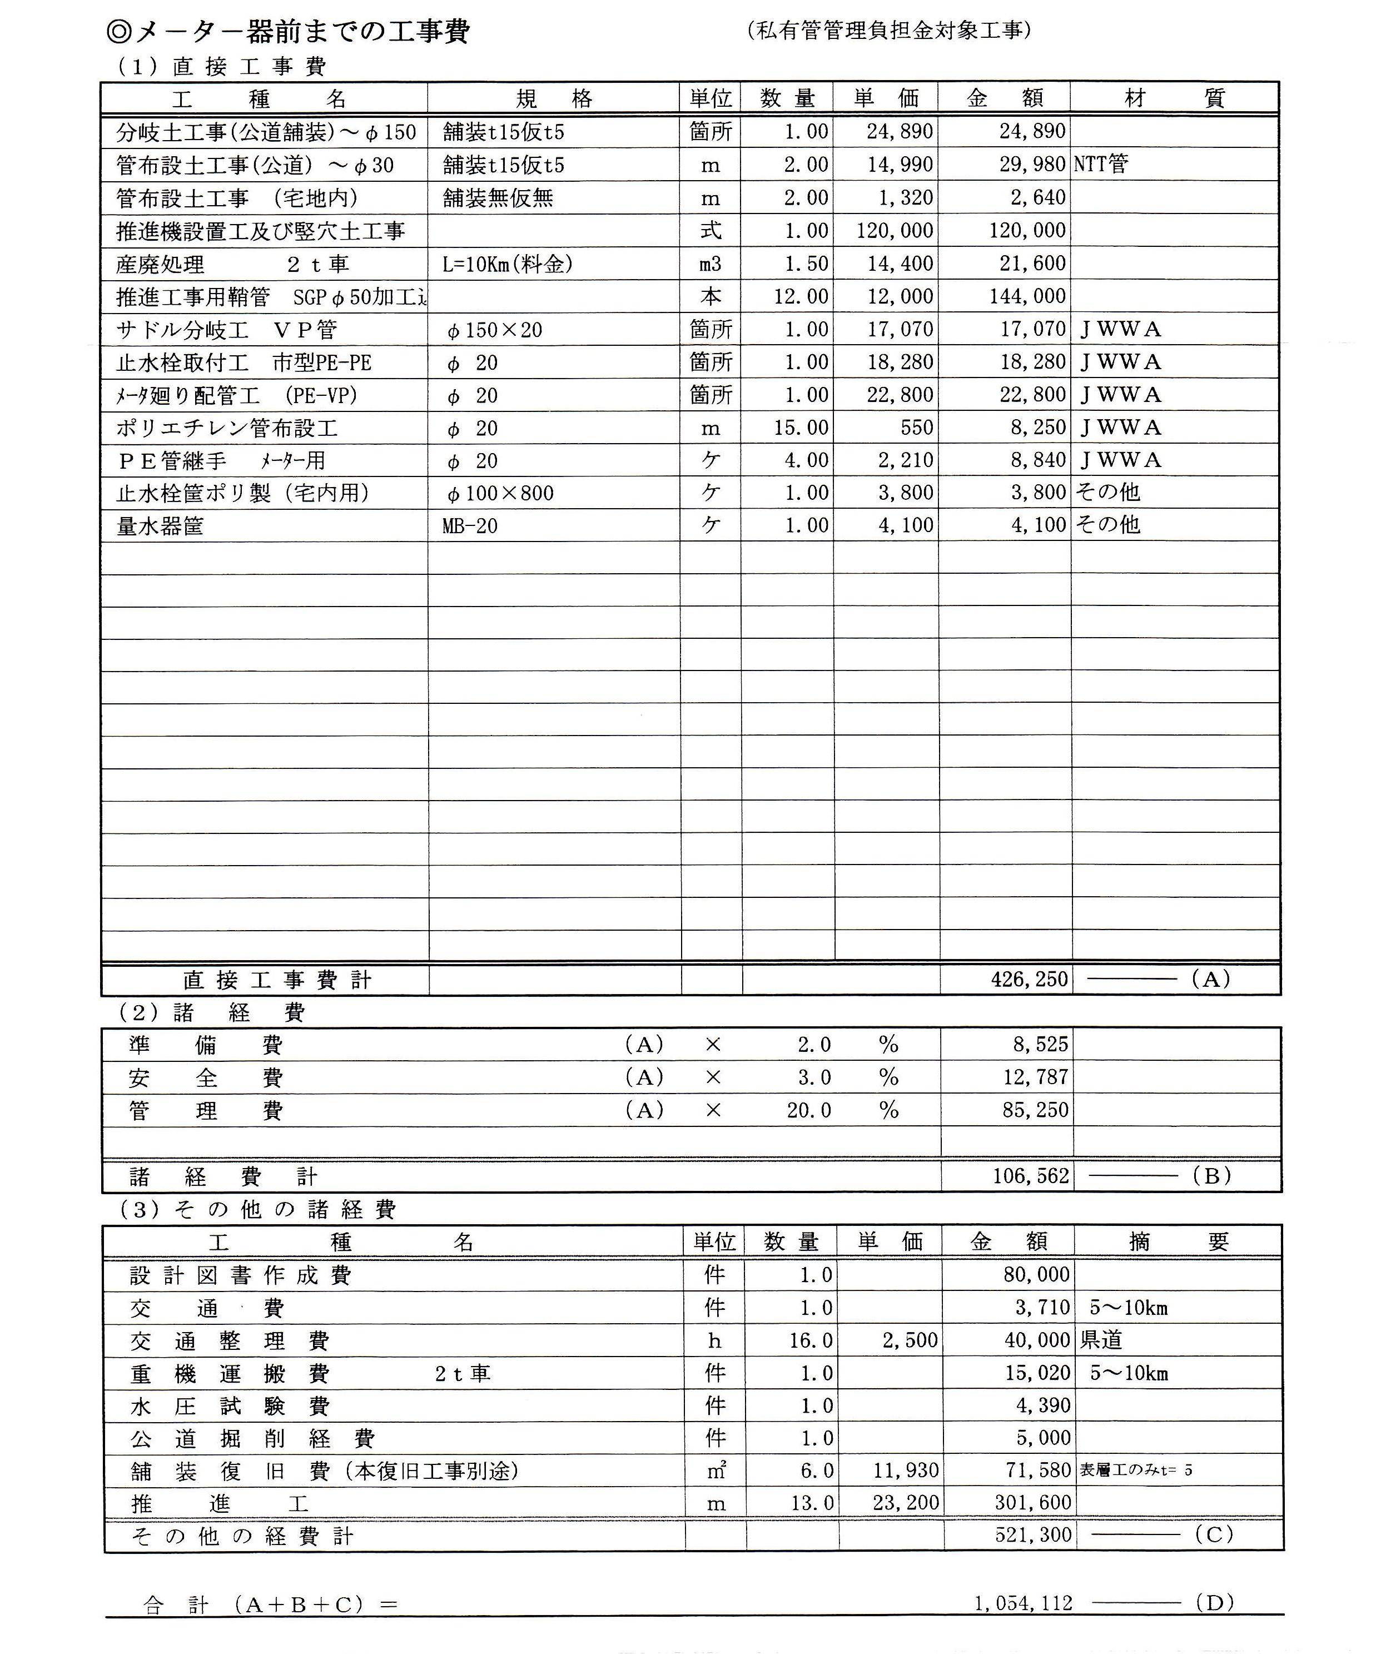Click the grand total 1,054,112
click(1022, 1603)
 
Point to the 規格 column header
click(554, 98)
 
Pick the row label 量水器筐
click(160, 526)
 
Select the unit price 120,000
click(895, 231)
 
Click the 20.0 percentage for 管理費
click(808, 1110)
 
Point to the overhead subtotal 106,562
click(1030, 1176)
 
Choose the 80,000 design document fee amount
click(1036, 1274)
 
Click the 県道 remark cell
click(1101, 1340)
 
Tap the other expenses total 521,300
click(1032, 1534)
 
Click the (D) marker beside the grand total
click(1214, 1603)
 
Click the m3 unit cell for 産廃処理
click(711, 264)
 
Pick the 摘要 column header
click(1178, 1242)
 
